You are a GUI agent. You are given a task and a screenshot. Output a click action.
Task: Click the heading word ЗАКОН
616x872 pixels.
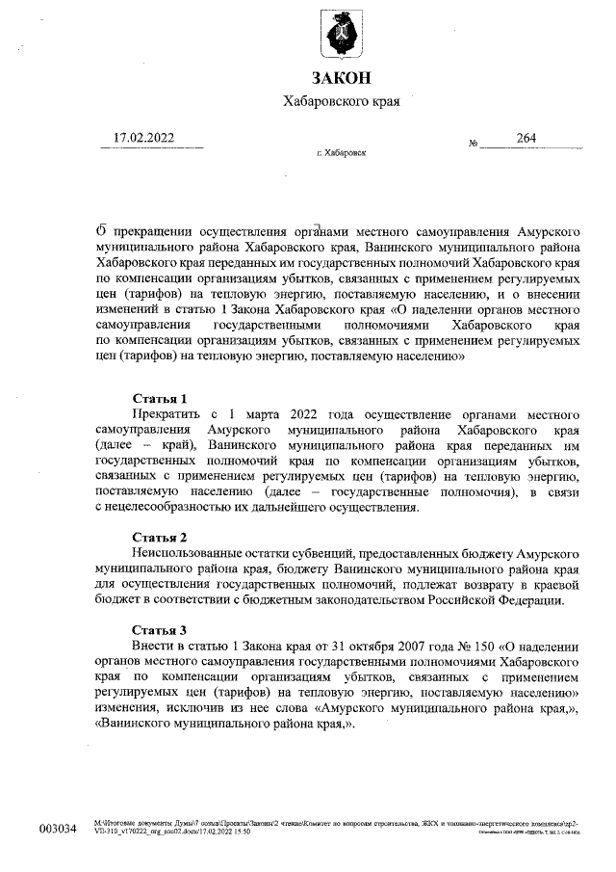pos(340,78)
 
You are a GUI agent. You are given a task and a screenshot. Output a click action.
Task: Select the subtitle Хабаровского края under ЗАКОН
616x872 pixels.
pos(341,101)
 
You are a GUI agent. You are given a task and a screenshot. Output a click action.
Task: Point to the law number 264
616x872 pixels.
pos(526,138)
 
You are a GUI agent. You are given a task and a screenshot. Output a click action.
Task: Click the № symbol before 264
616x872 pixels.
pos(474,144)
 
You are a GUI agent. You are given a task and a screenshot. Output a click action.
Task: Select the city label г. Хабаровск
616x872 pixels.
pos(341,153)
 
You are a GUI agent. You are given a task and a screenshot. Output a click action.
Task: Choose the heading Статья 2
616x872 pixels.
pos(159,537)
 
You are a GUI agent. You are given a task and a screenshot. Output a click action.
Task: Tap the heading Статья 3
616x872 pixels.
pos(159,629)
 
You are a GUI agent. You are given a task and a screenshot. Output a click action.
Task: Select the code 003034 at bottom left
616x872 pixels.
pos(57,830)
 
